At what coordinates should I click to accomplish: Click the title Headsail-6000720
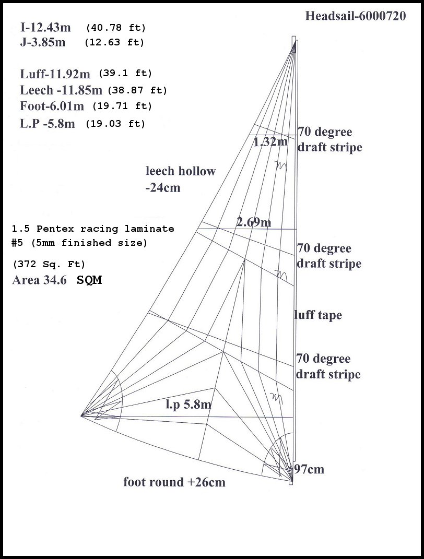[x=355, y=16]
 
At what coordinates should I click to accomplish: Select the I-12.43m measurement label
[x=46, y=27]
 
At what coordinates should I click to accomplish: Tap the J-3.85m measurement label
[x=43, y=42]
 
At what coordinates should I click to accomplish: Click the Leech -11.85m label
[x=61, y=90]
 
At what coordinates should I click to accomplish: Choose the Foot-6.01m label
[x=52, y=106]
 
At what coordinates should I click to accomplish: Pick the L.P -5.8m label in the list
[x=48, y=124]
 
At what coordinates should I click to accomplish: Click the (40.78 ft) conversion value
[x=115, y=27]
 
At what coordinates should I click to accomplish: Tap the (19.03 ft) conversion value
[x=115, y=124]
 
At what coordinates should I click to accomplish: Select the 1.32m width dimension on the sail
[x=270, y=141]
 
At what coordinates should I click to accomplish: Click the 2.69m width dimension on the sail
[x=253, y=222]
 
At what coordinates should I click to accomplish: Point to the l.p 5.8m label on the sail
[x=189, y=403]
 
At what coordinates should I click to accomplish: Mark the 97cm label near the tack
[x=309, y=469]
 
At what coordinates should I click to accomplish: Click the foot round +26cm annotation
[x=174, y=482]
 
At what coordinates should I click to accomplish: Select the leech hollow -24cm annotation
[x=180, y=179]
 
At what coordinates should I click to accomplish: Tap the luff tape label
[x=318, y=315]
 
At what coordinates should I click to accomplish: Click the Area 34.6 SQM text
[x=57, y=280]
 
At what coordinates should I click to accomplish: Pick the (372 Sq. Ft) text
[x=49, y=264]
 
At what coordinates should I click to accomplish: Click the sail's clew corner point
[x=82, y=415]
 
